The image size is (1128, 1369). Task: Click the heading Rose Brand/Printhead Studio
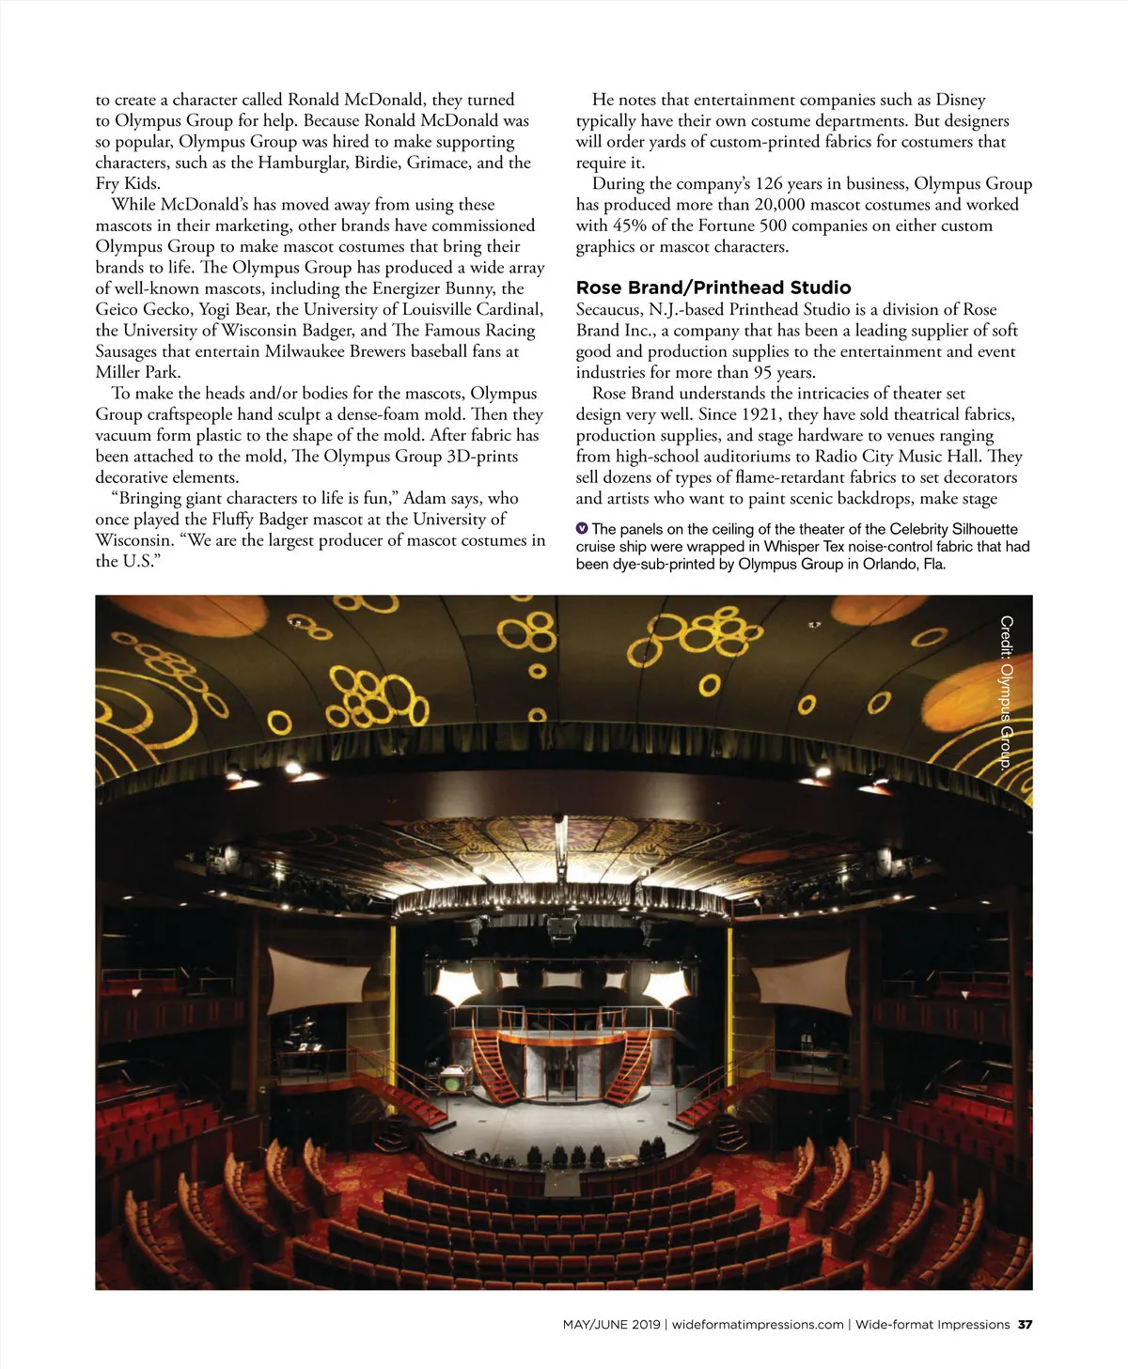pyautogui.click(x=713, y=288)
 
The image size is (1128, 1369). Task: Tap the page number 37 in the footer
pyautogui.click(x=1025, y=1325)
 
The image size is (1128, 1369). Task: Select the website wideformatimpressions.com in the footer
pyautogui.click(x=758, y=1325)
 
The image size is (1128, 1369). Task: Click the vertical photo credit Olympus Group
pyautogui.click(x=1006, y=692)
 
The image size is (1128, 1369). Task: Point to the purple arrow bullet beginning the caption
pyautogui.click(x=582, y=529)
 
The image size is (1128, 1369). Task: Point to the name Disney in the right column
pyautogui.click(x=961, y=100)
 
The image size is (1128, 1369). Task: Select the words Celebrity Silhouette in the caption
pyautogui.click(x=953, y=529)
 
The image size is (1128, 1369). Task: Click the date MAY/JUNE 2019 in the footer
pyautogui.click(x=611, y=1325)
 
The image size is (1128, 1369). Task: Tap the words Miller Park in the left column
pyautogui.click(x=137, y=372)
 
